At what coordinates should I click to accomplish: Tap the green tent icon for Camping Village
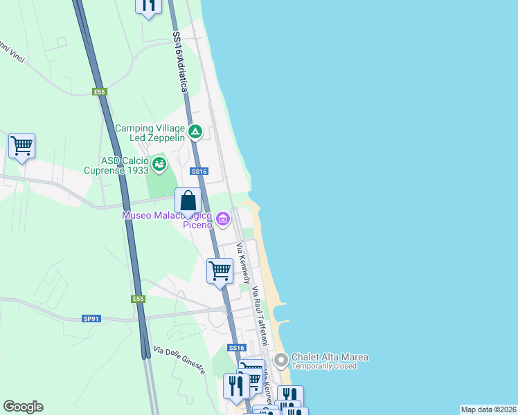tap(196, 131)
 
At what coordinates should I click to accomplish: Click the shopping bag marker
tap(188, 201)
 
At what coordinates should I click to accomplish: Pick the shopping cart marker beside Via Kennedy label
tap(220, 270)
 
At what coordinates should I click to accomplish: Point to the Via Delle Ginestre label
tap(179, 360)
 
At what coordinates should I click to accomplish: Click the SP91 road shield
tap(91, 318)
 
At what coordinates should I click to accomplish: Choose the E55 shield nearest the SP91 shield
tap(138, 299)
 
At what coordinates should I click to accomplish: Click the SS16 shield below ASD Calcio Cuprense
tap(199, 171)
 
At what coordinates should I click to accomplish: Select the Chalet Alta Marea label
tap(330, 357)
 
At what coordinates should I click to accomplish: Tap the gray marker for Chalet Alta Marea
tap(280, 360)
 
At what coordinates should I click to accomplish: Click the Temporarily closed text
tap(324, 367)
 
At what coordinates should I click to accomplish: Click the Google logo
tap(23, 407)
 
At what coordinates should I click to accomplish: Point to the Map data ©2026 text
tap(488, 409)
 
